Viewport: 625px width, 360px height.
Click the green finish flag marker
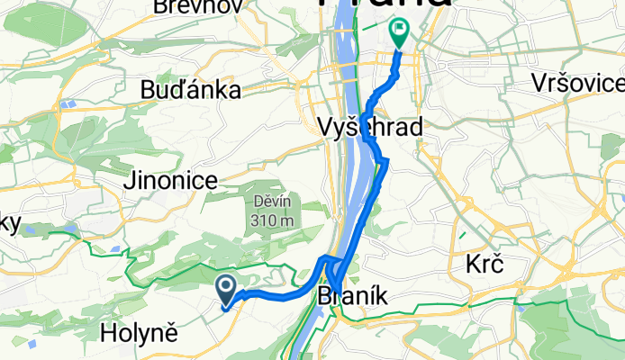click(399, 33)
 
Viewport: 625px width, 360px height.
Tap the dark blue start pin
click(226, 289)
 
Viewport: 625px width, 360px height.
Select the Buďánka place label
click(190, 90)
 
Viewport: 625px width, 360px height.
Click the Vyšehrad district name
click(371, 129)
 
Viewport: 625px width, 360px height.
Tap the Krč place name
click(484, 265)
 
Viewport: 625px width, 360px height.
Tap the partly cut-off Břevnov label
click(186, 7)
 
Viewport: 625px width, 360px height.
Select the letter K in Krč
click(472, 265)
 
